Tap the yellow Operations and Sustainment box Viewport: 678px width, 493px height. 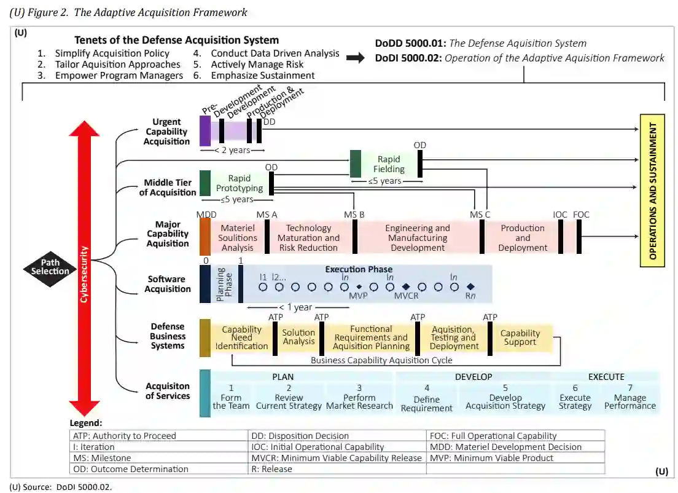pyautogui.click(x=653, y=190)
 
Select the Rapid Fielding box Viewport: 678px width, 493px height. pyautogui.click(x=389, y=164)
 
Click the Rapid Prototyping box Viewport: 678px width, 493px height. pyautogui.click(x=239, y=183)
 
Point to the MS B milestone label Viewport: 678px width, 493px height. pyautogui.click(x=354, y=215)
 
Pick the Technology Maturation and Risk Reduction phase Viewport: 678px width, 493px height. pyautogui.click(x=308, y=237)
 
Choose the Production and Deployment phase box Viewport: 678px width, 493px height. pyautogui.click(x=522, y=237)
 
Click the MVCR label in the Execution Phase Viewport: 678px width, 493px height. pyautogui.click(x=406, y=296)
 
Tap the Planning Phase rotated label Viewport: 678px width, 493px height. pyautogui.click(x=224, y=284)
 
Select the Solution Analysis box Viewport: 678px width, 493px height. pyautogui.click(x=298, y=337)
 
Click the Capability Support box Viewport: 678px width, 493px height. pyautogui.click(x=520, y=337)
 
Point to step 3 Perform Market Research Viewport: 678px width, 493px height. pyautogui.click(x=359, y=397)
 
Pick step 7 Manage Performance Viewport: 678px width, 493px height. pyautogui.click(x=629, y=397)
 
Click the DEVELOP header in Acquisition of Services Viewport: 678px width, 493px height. pyautogui.click(x=473, y=377)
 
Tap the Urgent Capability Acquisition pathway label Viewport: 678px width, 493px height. pyautogui.click(x=166, y=132)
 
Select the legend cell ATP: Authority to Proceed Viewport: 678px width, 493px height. pyautogui.click(x=125, y=436)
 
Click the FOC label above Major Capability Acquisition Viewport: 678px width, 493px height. pyautogui.click(x=580, y=215)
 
